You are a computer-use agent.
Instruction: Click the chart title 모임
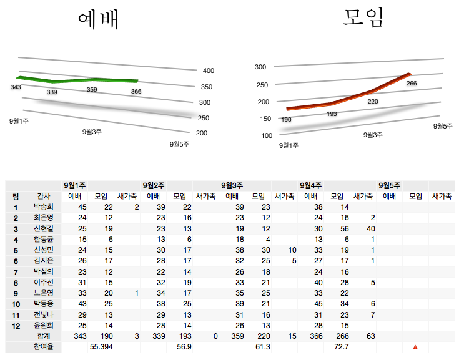click(363, 17)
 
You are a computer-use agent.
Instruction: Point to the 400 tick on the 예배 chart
click(208, 71)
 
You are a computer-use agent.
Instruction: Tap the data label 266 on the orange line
click(411, 84)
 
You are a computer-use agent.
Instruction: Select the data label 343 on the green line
click(16, 87)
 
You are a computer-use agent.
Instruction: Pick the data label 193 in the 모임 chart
click(332, 114)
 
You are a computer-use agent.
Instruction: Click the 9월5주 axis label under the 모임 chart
click(443, 126)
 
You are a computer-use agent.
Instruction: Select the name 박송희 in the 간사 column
click(44, 207)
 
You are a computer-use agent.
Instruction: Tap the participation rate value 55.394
click(101, 346)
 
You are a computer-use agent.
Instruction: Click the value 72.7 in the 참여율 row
click(341, 346)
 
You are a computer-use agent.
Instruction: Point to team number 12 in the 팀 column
click(16, 326)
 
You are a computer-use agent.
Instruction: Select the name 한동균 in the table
click(44, 239)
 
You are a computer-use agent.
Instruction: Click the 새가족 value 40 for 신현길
click(371, 228)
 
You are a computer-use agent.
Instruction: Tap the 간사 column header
click(43, 196)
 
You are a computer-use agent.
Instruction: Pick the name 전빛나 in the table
click(44, 315)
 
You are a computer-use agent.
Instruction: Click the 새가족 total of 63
click(371, 336)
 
